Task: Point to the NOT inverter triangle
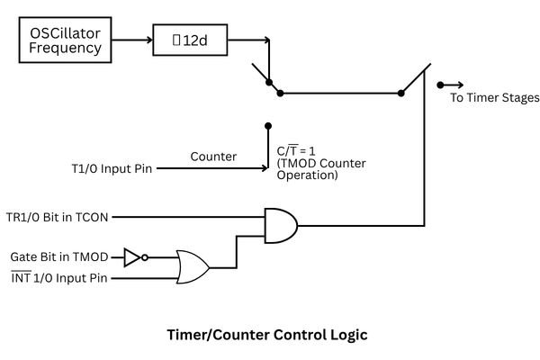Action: click(131, 256)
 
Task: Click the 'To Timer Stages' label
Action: click(494, 98)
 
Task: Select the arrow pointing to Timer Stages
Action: click(454, 85)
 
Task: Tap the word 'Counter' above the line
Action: click(213, 157)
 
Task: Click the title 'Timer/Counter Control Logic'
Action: click(267, 334)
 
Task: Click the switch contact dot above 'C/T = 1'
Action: click(267, 127)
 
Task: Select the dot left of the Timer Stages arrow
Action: click(439, 85)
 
